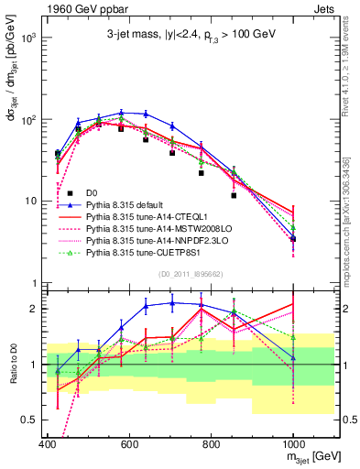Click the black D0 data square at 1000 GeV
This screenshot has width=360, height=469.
click(293, 238)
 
